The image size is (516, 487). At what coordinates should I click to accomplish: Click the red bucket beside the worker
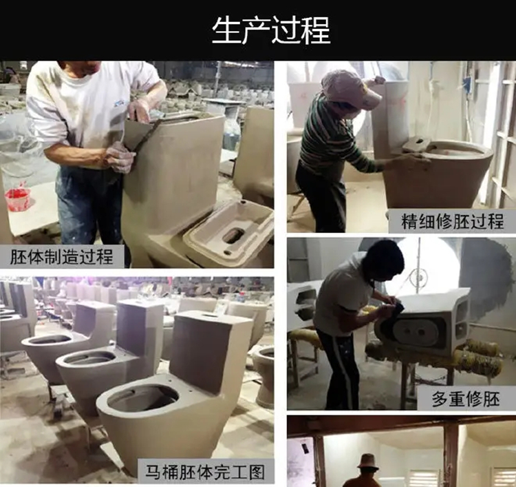click(17, 199)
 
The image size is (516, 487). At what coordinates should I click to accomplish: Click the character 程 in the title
click(316, 30)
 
